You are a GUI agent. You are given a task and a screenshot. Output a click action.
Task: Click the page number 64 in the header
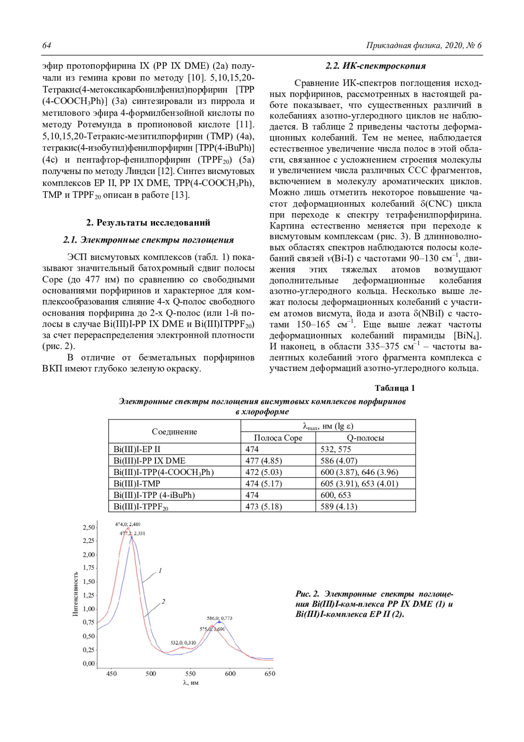pos(47,46)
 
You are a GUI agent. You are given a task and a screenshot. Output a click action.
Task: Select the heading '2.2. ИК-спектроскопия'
pos(375,66)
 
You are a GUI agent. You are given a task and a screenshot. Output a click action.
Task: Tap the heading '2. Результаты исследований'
pos(148,222)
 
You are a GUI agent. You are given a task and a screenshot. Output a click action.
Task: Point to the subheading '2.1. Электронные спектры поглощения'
pos(148,240)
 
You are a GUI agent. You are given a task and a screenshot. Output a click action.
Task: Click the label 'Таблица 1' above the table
pos(395,388)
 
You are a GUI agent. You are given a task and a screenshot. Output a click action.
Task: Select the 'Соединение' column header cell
pos(174,432)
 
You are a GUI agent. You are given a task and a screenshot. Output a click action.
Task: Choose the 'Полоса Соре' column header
pos(278,438)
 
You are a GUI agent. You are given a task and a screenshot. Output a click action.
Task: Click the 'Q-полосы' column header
pos(365,438)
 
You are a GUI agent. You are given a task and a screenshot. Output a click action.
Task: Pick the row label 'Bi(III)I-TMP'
pos(137,484)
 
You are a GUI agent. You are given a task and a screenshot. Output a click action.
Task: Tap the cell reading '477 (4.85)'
pos(263,461)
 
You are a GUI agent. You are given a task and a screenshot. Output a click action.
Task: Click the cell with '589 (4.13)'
pos(338,506)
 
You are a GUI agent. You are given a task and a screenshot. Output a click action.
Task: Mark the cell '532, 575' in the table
pos(336,449)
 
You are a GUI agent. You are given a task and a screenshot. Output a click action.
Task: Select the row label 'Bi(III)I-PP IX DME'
pos(149,461)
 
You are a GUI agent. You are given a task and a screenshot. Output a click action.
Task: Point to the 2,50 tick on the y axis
pos(89,527)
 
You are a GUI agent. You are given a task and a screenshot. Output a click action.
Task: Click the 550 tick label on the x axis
pos(190,673)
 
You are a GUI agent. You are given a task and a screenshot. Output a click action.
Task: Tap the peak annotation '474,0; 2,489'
pos(128,524)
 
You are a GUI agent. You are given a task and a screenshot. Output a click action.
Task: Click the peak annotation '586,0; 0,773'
pos(219,618)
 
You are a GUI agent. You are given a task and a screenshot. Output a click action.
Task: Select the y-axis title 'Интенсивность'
pos(75,594)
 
